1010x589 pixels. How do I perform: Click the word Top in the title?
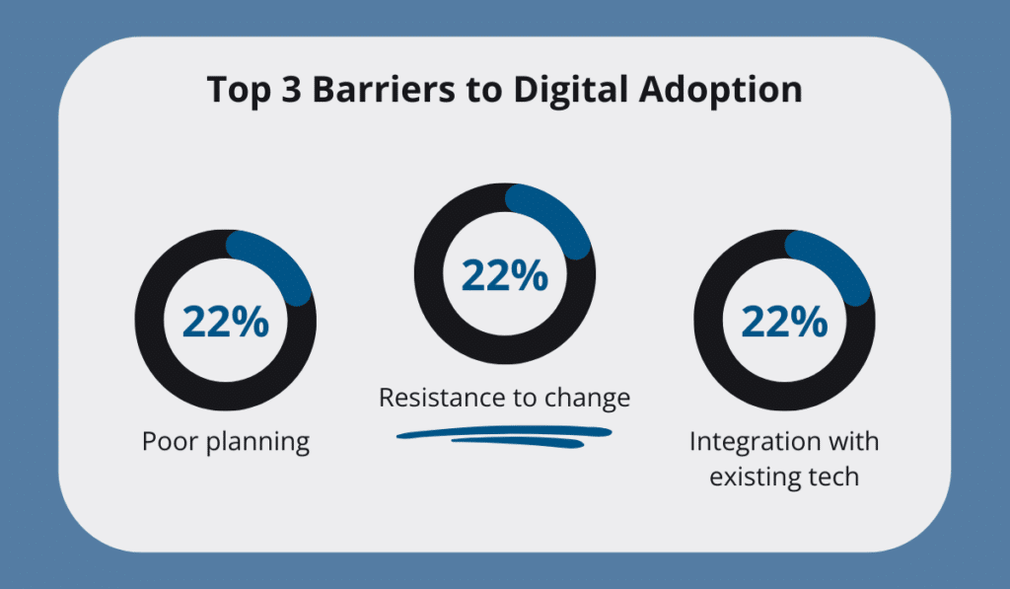(x=238, y=91)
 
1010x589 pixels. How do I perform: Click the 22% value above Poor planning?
(x=225, y=323)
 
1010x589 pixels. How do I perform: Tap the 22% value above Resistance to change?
(x=504, y=275)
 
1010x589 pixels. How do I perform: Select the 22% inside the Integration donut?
(x=784, y=323)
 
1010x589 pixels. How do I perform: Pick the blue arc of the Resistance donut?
(x=558, y=212)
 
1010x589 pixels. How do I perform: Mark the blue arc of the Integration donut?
(x=837, y=259)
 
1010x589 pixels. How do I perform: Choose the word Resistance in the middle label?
(x=441, y=398)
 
